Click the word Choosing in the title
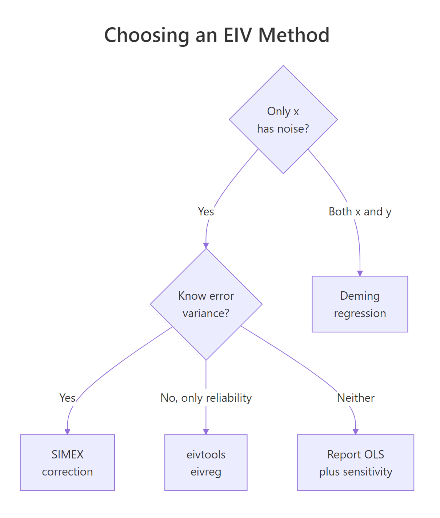pyautogui.click(x=147, y=35)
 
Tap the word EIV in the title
pyautogui.click(x=237, y=35)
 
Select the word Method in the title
pyautogui.click(x=293, y=35)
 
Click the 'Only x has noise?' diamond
pyautogui.click(x=283, y=120)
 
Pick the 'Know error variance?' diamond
pyautogui.click(x=206, y=304)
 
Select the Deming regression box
pyautogui.click(x=360, y=304)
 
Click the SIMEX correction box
pyautogui.click(x=67, y=462)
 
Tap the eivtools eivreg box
pyautogui.click(x=206, y=462)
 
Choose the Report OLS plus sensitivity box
pyautogui.click(x=355, y=462)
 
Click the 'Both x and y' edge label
pyautogui.click(x=360, y=211)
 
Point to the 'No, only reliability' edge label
pyautogui.click(x=206, y=398)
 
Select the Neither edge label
pyautogui.click(x=355, y=398)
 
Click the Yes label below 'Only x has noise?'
pyautogui.click(x=206, y=211)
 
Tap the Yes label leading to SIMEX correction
pyautogui.click(x=67, y=398)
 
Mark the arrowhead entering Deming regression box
pyautogui.click(x=360, y=273)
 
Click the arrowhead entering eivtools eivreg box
pyautogui.click(x=206, y=432)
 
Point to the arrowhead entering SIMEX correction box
pyautogui.click(x=67, y=432)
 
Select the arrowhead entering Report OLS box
pyautogui.click(x=355, y=432)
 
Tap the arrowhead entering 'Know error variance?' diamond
pyautogui.click(x=206, y=245)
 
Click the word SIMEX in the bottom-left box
pyautogui.click(x=67, y=454)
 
